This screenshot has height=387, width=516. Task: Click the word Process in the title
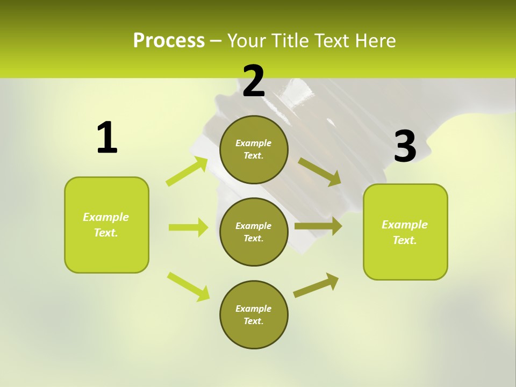point(169,40)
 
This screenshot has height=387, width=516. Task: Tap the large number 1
point(106,138)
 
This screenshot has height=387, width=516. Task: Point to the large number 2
point(254,81)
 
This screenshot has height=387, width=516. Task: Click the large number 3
point(405,147)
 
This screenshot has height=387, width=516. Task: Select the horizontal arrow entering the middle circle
point(188,227)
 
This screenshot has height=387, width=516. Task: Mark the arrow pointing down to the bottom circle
point(188,286)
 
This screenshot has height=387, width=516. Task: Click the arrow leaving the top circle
point(320,172)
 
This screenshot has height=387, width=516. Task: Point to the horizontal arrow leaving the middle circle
point(318,226)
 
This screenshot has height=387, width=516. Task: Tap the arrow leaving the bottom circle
point(316,285)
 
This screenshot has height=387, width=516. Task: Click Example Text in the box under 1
point(106,225)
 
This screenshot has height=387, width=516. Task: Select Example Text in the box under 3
point(405,232)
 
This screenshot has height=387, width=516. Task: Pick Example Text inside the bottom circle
point(253,314)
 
